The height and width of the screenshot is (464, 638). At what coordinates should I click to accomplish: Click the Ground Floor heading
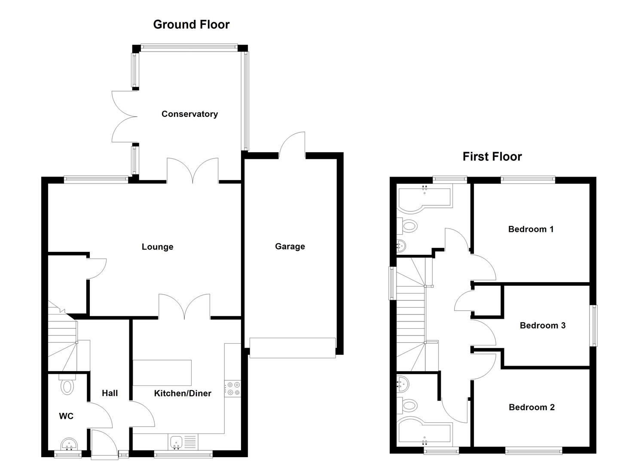point(191,24)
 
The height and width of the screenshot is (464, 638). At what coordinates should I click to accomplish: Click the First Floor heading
point(492,156)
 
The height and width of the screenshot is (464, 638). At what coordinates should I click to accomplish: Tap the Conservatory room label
point(189,114)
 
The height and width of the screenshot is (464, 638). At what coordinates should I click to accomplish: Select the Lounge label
point(157,247)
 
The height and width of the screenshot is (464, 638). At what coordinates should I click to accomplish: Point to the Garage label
point(290,246)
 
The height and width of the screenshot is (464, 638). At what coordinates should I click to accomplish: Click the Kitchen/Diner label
point(183,393)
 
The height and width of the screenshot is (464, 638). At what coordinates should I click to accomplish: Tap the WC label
point(66,416)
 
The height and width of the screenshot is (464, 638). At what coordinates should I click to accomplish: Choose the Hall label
point(110,393)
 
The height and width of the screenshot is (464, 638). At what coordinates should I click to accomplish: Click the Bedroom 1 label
point(531,229)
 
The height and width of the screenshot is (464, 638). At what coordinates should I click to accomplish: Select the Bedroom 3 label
point(542,325)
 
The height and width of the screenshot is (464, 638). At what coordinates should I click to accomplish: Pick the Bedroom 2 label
point(531,407)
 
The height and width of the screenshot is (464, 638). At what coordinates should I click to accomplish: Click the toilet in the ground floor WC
point(67,385)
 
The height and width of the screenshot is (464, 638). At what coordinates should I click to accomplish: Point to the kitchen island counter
point(162,372)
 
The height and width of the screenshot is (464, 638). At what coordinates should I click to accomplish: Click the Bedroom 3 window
point(594,325)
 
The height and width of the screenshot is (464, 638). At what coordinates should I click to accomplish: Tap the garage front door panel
point(292,348)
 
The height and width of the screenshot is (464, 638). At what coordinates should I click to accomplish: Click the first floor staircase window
point(391,283)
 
